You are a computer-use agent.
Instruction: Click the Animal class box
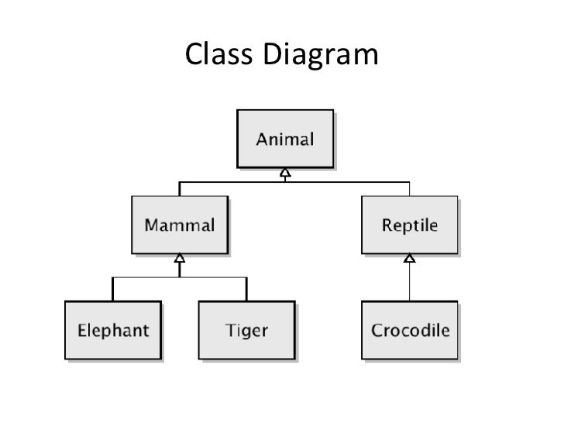[285, 139]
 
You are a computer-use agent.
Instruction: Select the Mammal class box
[179, 225]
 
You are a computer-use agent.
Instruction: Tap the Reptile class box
[409, 225]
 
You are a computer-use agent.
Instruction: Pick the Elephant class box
[113, 331]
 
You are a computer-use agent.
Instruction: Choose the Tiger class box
[246, 331]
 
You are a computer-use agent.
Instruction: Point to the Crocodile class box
[410, 331]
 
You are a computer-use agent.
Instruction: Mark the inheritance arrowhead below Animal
[285, 172]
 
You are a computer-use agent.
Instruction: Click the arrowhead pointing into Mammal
[179, 258]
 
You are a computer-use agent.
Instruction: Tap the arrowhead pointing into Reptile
[410, 258]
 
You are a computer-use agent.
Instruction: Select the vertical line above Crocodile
[410, 283]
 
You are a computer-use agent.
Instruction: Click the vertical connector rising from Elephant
[113, 290]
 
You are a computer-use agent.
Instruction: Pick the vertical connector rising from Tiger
[246, 290]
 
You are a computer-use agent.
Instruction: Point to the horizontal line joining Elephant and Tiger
[180, 277]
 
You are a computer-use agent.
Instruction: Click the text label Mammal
[179, 226]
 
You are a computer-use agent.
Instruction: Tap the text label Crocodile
[410, 331]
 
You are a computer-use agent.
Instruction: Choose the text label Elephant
[113, 331]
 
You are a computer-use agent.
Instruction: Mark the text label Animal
[285, 140]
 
